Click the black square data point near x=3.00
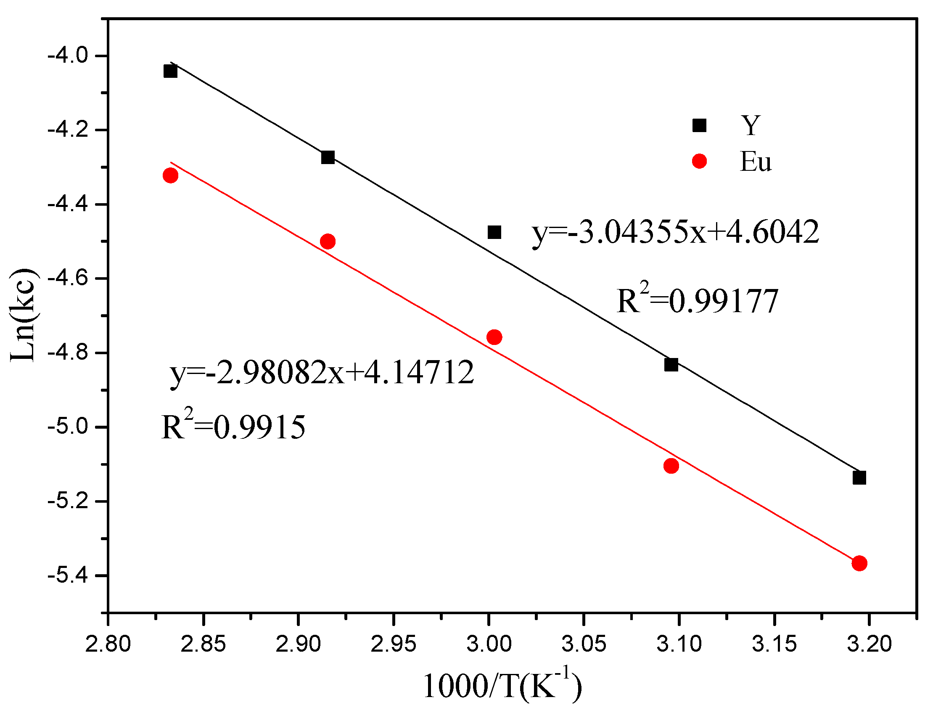pos(494,232)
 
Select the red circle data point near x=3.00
pos(494,337)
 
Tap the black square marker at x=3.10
pos(671,364)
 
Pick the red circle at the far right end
pos(859,563)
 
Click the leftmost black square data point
pos(170,71)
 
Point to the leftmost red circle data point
pos(170,175)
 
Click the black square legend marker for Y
pos(699,125)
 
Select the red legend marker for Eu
pos(699,161)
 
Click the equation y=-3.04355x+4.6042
pos(675,232)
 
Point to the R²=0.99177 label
pos(698,300)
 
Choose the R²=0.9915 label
pos(233,426)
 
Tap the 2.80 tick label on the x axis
pos(108,644)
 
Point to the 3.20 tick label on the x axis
pos(869,644)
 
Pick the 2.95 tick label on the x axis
pos(393,644)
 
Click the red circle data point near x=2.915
pos(328,241)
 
